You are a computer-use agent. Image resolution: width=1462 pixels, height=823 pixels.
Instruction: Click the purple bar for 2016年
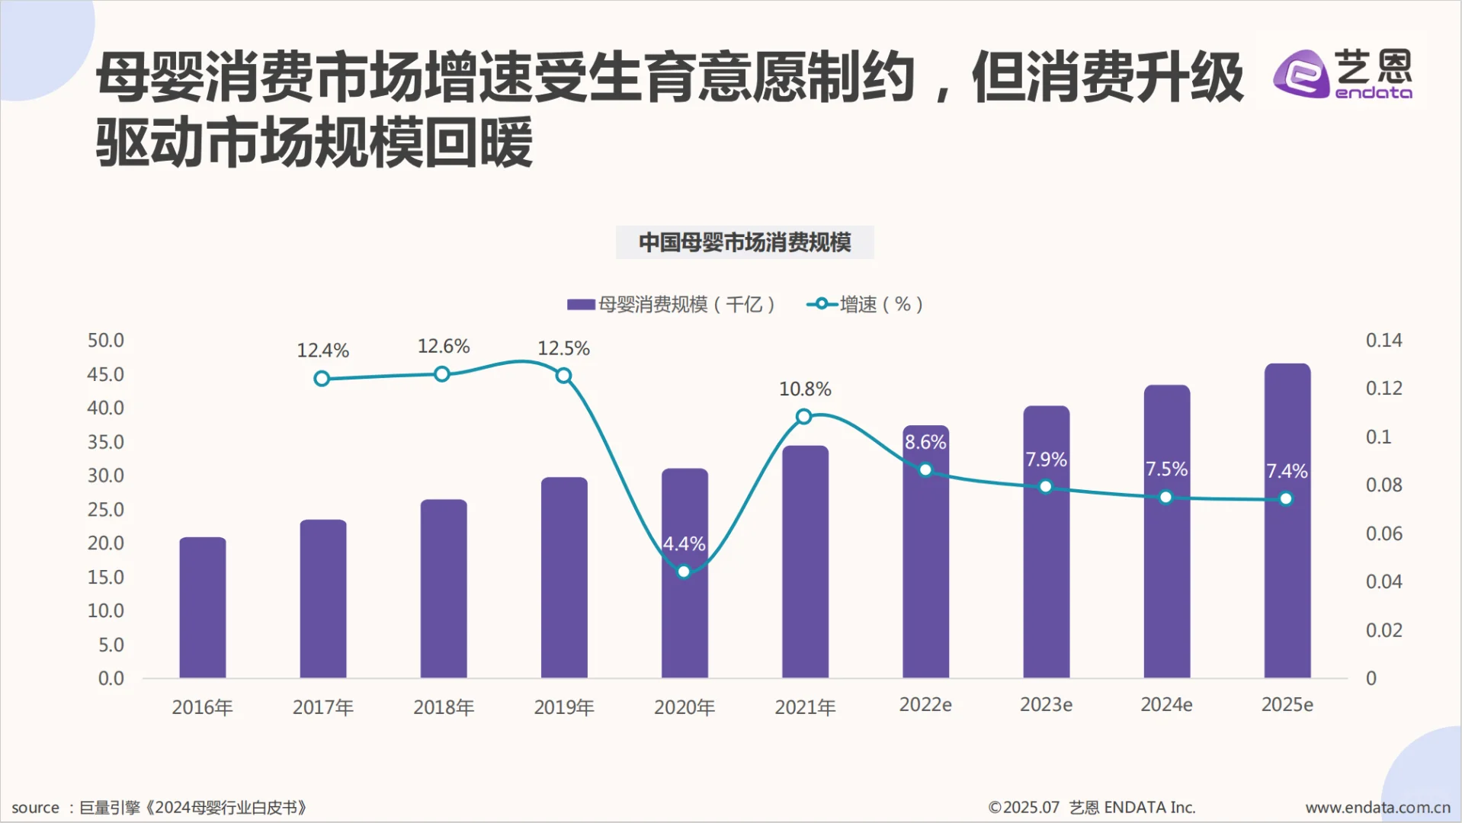click(203, 607)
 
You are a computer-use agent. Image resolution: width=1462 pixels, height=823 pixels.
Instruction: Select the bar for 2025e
click(1287, 579)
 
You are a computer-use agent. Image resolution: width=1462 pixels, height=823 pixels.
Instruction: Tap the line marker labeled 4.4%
click(684, 572)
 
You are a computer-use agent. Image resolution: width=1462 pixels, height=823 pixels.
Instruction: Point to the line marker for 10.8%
click(803, 416)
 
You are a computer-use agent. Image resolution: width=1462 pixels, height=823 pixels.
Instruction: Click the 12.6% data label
click(443, 347)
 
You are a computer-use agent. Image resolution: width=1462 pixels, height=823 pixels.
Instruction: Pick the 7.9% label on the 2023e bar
click(1046, 460)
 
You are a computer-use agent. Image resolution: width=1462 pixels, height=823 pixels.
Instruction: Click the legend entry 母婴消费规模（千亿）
click(672, 305)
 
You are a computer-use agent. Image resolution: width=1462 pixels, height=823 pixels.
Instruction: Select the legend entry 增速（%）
click(866, 305)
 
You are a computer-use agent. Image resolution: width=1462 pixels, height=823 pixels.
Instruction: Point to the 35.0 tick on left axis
click(105, 442)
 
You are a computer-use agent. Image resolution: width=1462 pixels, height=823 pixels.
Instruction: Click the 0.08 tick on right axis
click(1383, 485)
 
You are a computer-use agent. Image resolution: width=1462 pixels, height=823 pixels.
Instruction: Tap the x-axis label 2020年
click(685, 707)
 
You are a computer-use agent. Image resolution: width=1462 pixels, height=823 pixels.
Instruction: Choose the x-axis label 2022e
click(925, 705)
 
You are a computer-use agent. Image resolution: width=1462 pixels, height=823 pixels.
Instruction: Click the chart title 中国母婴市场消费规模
click(745, 242)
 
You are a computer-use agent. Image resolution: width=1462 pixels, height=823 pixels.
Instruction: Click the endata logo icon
click(1301, 74)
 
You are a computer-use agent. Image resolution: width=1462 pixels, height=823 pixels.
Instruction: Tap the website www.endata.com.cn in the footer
click(1377, 808)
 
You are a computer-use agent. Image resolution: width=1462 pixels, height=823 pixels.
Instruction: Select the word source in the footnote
click(35, 808)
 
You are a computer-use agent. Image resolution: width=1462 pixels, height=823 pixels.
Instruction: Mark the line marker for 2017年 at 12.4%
click(322, 379)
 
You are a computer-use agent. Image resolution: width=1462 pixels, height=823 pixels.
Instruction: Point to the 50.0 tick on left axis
click(105, 341)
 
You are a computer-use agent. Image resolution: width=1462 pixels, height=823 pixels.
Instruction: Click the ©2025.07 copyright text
click(1024, 808)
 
